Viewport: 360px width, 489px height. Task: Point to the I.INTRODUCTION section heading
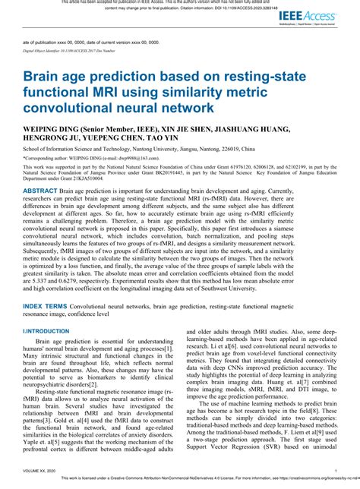[47, 332]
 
